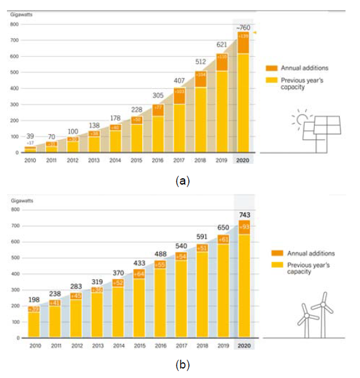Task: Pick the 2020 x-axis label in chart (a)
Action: [x=243, y=161]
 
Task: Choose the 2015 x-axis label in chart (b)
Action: [x=137, y=346]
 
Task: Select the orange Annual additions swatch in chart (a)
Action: [x=272, y=68]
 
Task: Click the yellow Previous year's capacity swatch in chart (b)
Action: [x=277, y=265]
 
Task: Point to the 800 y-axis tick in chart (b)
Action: [x=14, y=209]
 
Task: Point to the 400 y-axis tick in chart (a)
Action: [x=14, y=88]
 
